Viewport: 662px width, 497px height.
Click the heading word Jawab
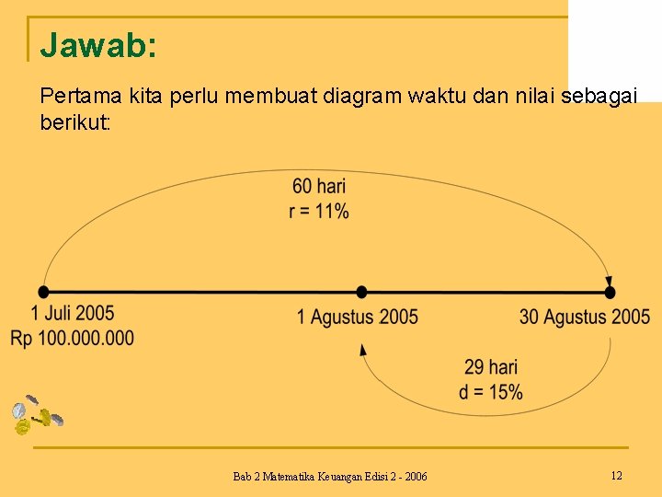point(97,45)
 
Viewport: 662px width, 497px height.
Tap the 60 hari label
point(319,188)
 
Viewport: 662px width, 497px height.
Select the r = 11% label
point(319,211)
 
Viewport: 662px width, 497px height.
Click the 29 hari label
point(491,368)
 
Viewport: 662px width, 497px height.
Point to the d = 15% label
point(491,392)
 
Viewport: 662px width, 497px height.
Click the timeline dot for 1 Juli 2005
point(44,292)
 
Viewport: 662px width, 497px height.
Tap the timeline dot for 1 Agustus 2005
point(362,292)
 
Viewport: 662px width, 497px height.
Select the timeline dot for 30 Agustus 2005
point(610,292)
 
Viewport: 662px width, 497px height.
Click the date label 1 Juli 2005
point(73,315)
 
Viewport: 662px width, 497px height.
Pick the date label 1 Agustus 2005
point(357,318)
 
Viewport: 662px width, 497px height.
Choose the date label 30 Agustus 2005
point(585,318)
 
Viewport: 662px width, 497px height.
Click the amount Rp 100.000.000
point(73,339)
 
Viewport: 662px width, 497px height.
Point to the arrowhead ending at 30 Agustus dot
point(608,282)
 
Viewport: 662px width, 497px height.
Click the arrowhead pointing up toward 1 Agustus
point(363,349)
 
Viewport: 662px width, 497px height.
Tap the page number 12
point(616,475)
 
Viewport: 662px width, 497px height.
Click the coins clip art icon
point(35,415)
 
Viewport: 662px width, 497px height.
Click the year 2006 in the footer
point(415,476)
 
